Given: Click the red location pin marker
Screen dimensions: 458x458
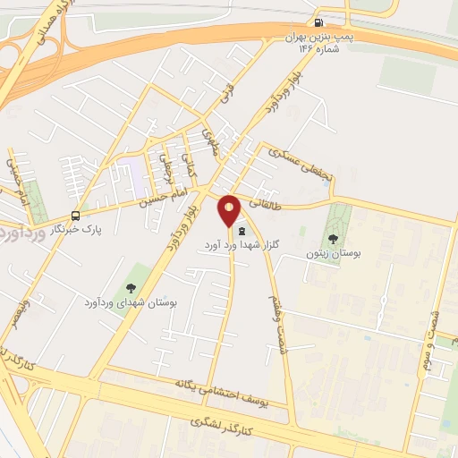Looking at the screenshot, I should coord(229,210).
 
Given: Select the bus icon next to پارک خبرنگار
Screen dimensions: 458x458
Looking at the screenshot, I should coord(75,216).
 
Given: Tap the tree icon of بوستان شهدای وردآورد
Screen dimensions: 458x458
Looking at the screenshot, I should coord(131,288).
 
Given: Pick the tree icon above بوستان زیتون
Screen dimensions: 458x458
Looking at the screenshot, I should coord(333,239).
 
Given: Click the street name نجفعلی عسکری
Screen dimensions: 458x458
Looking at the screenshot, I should coord(301,159).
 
